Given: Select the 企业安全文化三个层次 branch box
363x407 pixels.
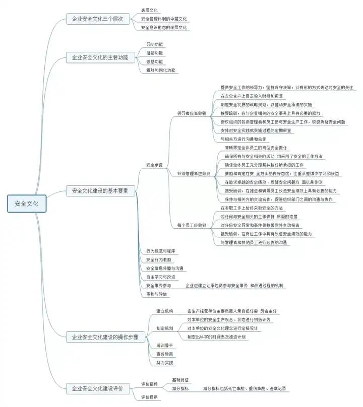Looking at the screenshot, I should pos(97,19).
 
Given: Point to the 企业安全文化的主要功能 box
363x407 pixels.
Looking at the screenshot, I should pos(100,57).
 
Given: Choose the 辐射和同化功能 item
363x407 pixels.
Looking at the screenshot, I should pos(161,70).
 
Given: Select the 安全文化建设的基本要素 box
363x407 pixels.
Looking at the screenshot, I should pos(100,191).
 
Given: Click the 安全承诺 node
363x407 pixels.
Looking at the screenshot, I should pos(154,165).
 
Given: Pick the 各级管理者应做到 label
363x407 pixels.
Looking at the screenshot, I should pos(194,173).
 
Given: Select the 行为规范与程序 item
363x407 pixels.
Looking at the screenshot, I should pos(161,250).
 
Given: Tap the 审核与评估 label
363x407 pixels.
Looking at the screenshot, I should pos(156,294).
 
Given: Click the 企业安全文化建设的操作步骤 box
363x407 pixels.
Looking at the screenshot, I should pos(105,336).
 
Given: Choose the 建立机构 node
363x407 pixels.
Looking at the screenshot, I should pos(164,311).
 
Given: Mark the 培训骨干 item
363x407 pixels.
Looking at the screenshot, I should pos(164,345).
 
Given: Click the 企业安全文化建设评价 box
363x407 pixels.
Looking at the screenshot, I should pos(100,389).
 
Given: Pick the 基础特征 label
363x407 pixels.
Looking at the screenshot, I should pos(180,379).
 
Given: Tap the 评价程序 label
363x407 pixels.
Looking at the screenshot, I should pos(149,397).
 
